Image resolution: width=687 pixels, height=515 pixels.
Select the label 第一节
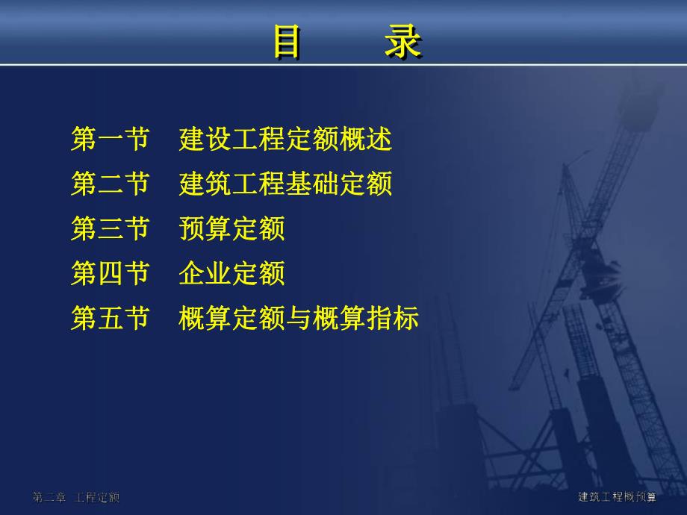coord(111,140)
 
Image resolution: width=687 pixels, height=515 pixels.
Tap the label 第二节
coord(111,184)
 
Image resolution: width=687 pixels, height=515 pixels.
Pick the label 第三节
coord(111,229)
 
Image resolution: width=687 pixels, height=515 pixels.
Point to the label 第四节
coord(111,274)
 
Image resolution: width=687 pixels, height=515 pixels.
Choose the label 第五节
coord(111,319)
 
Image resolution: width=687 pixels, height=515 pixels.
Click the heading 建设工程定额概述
coord(285,140)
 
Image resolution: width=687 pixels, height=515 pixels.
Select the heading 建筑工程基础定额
coord(285,184)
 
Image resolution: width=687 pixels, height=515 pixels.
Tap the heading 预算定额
coord(231,229)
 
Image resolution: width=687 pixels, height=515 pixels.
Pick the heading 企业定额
coord(231,274)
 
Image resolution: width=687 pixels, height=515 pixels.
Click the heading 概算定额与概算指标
coord(299,319)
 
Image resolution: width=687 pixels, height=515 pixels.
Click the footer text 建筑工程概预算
coord(617,497)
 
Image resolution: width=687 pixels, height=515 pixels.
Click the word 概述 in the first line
coord(366,140)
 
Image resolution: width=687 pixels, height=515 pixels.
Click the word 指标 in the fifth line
coord(393,319)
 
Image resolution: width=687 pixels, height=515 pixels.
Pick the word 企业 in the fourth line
coord(205,274)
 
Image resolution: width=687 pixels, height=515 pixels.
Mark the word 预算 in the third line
coord(205,229)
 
